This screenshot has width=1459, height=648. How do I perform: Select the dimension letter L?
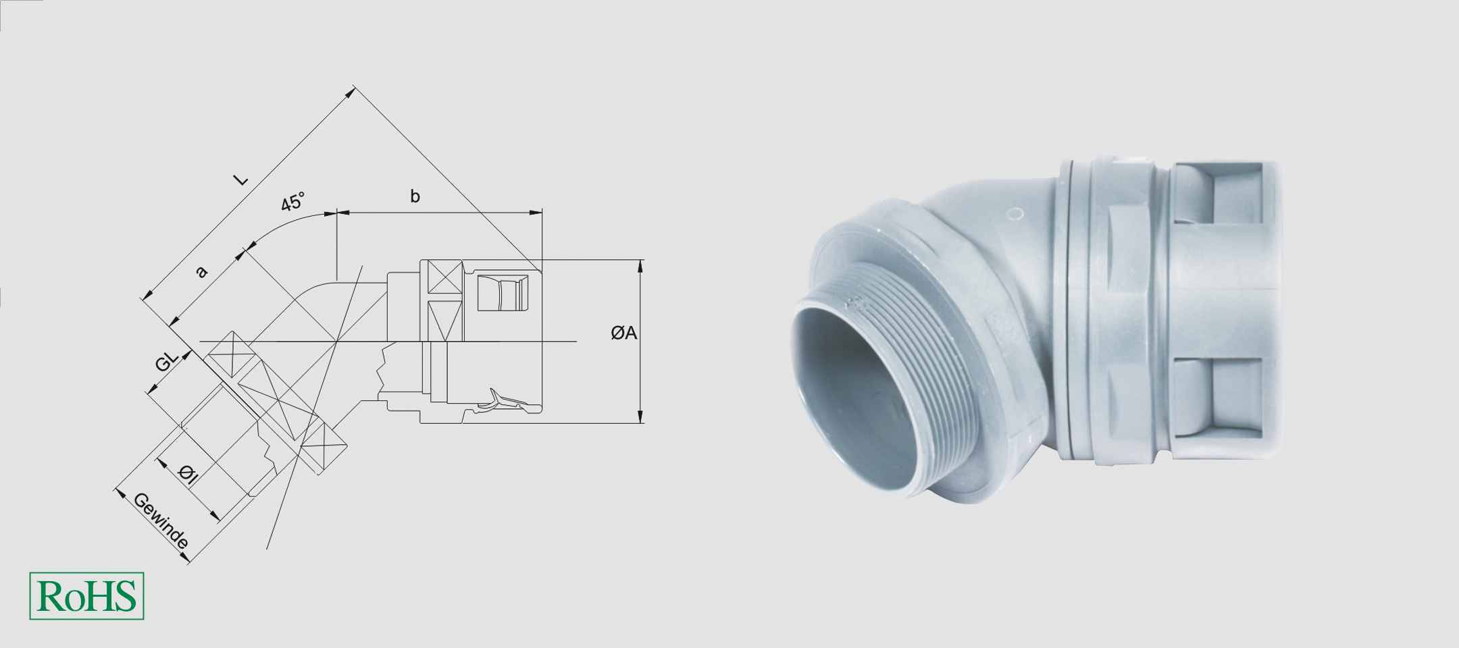click(240, 180)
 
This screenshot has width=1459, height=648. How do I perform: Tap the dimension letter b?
click(415, 196)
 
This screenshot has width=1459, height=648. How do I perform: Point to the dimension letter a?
click(201, 271)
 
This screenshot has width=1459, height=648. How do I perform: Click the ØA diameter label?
click(623, 333)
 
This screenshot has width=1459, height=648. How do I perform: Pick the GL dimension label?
click(165, 362)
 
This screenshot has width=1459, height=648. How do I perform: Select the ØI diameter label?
click(188, 475)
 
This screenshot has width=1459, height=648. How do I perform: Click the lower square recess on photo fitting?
click(1236, 395)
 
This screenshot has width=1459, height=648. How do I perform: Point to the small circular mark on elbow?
click(1015, 215)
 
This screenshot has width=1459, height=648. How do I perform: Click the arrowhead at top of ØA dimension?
click(640, 265)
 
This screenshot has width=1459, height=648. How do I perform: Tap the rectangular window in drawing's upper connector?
click(501, 293)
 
